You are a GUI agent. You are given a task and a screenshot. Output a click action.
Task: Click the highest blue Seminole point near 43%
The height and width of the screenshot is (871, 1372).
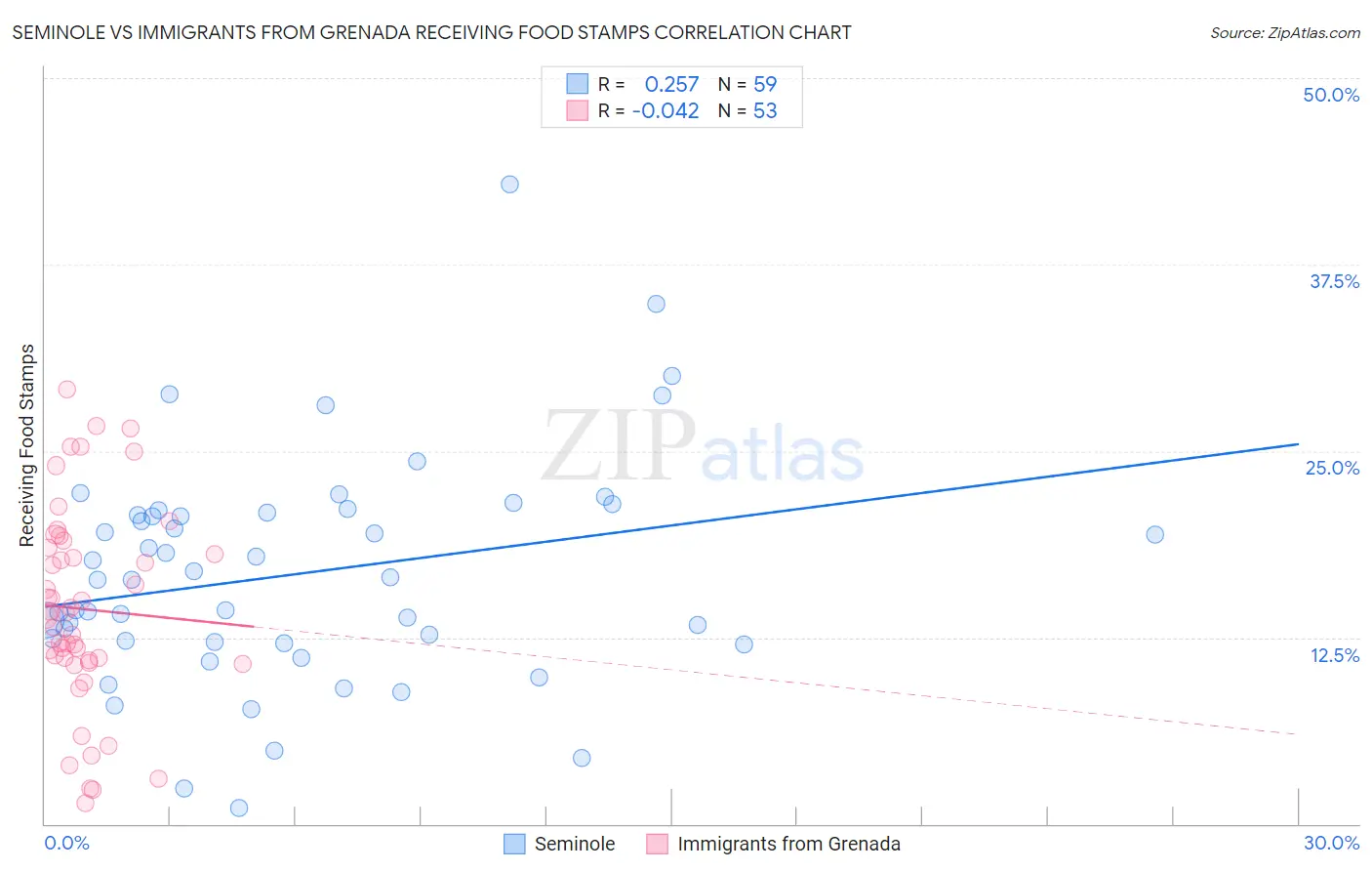(x=509, y=185)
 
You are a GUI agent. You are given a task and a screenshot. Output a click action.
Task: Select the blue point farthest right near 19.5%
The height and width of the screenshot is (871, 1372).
(x=1154, y=534)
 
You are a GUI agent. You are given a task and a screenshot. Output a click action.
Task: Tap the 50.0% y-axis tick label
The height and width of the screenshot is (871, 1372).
(x=1331, y=95)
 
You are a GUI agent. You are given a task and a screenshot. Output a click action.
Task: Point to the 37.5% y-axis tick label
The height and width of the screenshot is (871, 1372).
(x=1334, y=281)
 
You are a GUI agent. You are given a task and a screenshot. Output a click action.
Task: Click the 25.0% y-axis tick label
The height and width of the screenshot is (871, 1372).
(x=1332, y=468)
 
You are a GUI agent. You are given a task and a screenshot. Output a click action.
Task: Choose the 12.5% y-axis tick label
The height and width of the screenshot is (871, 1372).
(x=1334, y=655)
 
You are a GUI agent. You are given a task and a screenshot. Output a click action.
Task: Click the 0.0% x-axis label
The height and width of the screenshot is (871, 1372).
(x=66, y=843)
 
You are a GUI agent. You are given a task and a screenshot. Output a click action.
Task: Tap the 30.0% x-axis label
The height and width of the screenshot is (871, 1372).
(x=1331, y=843)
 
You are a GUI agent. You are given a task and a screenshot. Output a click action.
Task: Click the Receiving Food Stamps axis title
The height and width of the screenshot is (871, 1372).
(x=27, y=445)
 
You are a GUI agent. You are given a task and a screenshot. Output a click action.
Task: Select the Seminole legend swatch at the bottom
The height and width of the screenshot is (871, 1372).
(x=514, y=844)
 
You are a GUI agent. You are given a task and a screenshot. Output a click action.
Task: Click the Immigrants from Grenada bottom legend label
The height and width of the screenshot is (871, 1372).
(x=788, y=844)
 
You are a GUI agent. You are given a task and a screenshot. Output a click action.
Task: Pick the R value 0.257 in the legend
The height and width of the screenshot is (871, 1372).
(x=671, y=85)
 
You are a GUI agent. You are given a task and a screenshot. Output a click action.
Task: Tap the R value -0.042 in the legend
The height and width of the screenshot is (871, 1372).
(x=666, y=111)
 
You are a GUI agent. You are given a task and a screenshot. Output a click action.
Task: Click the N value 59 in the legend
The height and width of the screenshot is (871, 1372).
(x=765, y=85)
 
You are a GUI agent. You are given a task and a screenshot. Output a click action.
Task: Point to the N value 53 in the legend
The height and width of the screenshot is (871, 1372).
(x=765, y=111)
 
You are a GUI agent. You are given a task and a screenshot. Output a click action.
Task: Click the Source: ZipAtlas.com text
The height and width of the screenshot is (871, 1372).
(x=1284, y=33)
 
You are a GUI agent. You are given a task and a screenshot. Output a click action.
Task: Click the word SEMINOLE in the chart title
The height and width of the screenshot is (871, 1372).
(x=58, y=33)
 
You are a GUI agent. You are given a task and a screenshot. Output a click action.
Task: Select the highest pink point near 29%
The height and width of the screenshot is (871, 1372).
(x=66, y=389)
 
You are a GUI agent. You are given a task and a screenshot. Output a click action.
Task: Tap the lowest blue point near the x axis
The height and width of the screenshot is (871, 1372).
(x=239, y=808)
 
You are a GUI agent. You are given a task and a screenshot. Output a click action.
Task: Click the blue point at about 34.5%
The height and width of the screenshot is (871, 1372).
(x=656, y=304)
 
